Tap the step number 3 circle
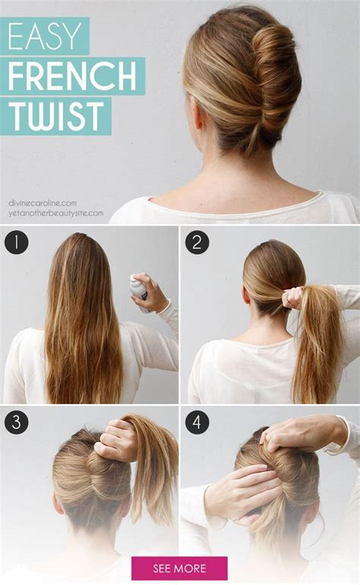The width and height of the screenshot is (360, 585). (x=15, y=422)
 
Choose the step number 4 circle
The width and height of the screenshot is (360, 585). (x=197, y=422)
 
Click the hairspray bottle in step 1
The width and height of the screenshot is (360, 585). (x=138, y=292)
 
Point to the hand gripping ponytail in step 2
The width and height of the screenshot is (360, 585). (x=292, y=297)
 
